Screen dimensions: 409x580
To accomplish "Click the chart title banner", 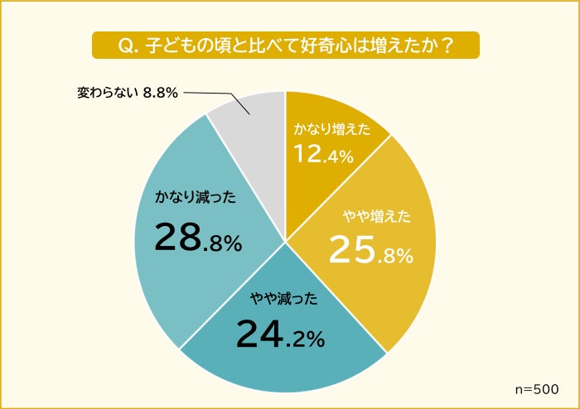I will tap(286, 45).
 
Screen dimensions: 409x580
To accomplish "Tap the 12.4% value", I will tap(324, 154).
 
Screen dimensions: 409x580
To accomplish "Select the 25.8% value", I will tap(370, 249).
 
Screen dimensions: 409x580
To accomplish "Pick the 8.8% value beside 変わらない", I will tap(161, 93).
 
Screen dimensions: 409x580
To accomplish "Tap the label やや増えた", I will tap(377, 218).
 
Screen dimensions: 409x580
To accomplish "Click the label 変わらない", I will tap(108, 93).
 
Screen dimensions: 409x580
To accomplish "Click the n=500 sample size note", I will tap(537, 388).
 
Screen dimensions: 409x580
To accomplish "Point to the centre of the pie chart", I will tap(286, 242).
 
